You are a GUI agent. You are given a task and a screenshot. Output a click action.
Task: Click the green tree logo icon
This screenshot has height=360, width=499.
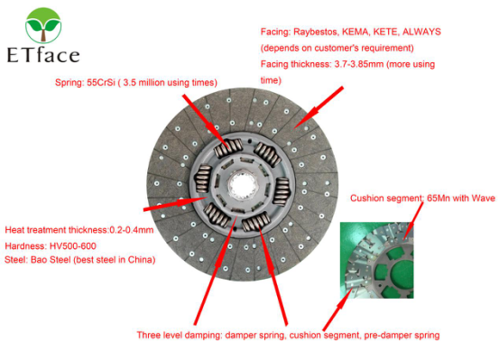tap(43, 25)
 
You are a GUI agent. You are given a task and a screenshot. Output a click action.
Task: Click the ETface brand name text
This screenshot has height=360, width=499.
tap(43, 55)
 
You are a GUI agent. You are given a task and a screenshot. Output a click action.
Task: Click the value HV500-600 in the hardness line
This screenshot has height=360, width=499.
tap(73, 245)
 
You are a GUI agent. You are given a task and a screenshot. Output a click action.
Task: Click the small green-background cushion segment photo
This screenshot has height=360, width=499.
tap(377, 260)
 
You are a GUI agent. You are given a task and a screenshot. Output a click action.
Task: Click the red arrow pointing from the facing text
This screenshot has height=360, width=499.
tap(319, 107)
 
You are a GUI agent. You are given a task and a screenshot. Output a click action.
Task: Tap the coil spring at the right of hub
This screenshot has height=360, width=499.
tap(282, 191)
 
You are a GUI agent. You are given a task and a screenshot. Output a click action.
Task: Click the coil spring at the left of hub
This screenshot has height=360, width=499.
tap(203, 179)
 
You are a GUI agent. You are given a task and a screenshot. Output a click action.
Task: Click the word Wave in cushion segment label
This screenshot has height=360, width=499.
tap(484, 198)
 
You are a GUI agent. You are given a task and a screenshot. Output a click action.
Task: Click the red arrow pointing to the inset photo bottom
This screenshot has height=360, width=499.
tap(338, 309)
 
